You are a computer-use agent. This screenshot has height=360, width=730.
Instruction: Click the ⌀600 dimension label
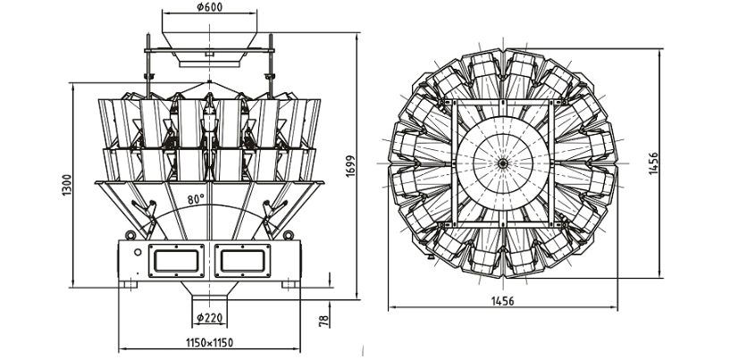209,7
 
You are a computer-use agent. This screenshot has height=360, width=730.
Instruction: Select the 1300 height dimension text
67,185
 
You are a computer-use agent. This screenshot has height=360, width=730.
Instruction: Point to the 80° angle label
196,199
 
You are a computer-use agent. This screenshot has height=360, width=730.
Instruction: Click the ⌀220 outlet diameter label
209,318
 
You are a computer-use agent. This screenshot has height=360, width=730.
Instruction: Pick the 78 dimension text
324,320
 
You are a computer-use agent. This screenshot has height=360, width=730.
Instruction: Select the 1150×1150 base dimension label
209,343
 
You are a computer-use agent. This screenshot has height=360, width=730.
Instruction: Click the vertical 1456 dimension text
653,163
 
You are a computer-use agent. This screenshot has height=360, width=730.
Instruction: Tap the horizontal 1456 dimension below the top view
503,301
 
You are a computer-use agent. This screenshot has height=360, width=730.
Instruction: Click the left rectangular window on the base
176,261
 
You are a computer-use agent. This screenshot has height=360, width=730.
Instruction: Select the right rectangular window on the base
242,261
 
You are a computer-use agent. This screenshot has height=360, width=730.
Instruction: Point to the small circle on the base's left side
138,253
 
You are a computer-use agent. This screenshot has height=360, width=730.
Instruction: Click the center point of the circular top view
503,163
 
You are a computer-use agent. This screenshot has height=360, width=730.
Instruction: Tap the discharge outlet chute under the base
209,291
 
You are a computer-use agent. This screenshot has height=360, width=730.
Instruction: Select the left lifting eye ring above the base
130,235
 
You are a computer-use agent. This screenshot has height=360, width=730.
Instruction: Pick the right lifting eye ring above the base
289,235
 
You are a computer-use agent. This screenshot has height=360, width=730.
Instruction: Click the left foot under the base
128,284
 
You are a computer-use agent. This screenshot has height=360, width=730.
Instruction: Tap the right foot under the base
291,284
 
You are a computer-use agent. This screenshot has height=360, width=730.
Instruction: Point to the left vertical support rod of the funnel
148,65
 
